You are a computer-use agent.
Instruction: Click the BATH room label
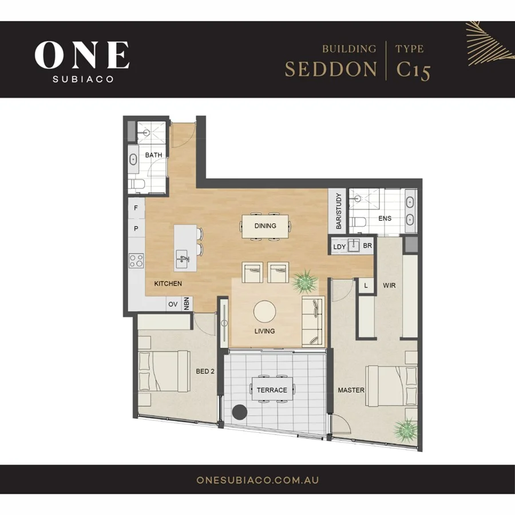(153, 155)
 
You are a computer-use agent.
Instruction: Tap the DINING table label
(265, 225)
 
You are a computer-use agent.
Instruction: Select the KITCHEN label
(168, 284)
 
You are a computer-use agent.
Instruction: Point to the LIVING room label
(265, 331)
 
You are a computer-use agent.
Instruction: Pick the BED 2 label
(205, 371)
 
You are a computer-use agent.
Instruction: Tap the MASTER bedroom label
(351, 390)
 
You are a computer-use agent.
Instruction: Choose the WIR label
(390, 284)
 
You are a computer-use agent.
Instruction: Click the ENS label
(385, 219)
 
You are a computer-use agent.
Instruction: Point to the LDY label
(339, 247)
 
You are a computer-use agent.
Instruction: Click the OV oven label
(173, 304)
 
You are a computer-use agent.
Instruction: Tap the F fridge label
(136, 208)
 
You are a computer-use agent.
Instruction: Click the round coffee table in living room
(265, 312)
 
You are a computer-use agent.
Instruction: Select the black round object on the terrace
(239, 412)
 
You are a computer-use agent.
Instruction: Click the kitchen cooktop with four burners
(136, 261)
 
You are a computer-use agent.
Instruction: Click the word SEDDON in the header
(331, 69)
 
